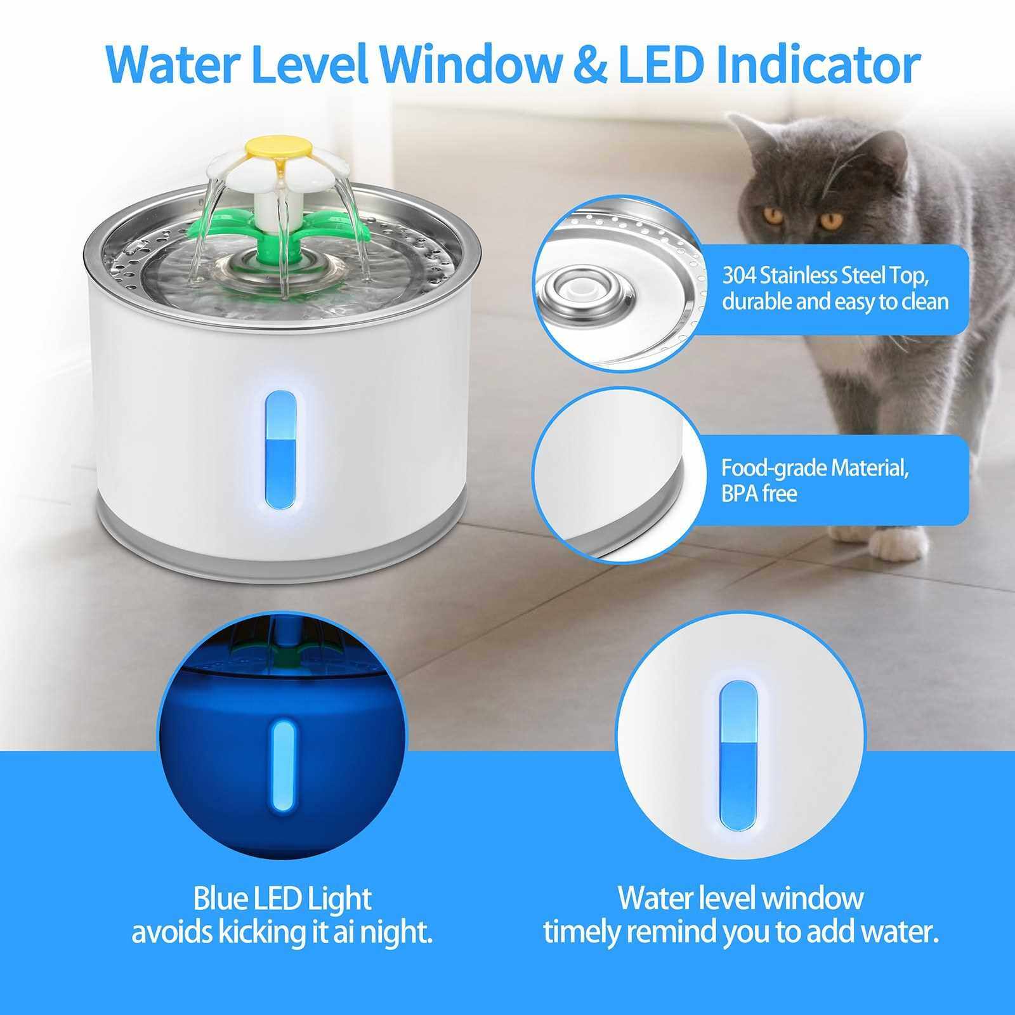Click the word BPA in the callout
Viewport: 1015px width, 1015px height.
[742, 494]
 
